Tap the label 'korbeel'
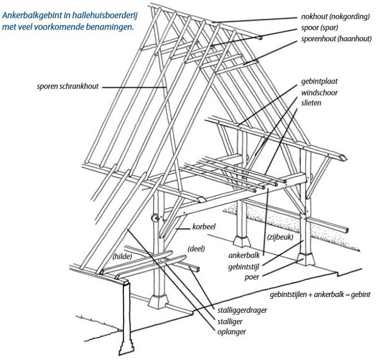204,227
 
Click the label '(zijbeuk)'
280,238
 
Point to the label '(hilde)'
123,256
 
